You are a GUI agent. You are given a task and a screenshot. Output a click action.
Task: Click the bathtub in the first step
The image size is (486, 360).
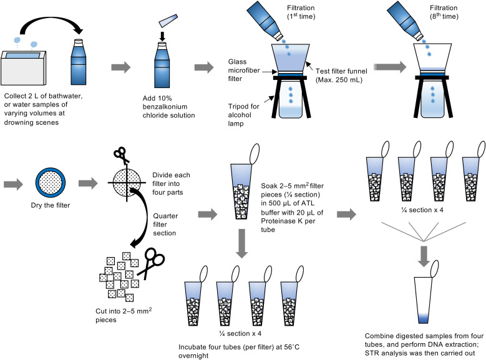(x=24, y=68)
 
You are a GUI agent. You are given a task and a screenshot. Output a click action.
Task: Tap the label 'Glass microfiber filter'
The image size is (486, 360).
(x=244, y=71)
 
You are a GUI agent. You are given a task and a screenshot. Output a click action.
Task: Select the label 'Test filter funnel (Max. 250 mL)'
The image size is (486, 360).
(x=341, y=75)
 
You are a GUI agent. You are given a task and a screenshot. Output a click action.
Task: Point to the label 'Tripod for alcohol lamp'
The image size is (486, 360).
(x=243, y=115)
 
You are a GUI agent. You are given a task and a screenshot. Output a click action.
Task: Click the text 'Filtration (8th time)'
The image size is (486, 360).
(x=444, y=12)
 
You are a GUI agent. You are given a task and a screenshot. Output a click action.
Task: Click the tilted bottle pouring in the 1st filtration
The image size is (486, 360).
(x=265, y=21)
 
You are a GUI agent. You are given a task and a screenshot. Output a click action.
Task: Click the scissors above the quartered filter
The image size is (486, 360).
(x=121, y=155)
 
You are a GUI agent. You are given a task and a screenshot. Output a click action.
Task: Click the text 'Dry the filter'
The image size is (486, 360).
(x=51, y=205)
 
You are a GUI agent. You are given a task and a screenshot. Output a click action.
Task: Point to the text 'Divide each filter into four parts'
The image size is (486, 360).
(x=171, y=183)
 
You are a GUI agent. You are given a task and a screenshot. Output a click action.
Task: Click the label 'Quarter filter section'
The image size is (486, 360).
(x=165, y=225)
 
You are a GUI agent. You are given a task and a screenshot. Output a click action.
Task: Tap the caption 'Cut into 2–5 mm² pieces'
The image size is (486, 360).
(x=124, y=315)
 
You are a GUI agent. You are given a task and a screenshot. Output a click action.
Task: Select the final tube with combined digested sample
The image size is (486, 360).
(x=424, y=297)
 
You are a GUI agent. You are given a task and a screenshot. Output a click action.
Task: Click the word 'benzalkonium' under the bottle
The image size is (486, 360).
(x=165, y=107)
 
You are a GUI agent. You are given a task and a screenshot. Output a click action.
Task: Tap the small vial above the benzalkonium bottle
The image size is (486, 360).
(x=168, y=21)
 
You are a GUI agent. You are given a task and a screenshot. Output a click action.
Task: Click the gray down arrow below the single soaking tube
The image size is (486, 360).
(x=242, y=243)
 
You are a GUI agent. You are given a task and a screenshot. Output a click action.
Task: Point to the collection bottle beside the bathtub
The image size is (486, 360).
(x=79, y=62)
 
